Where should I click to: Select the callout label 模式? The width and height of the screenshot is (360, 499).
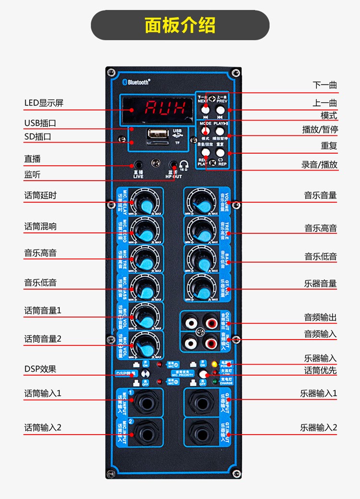329,116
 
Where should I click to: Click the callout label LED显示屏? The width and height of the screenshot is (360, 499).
44,103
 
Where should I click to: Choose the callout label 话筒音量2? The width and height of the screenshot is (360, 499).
43,339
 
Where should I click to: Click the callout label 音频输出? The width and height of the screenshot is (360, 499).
320,317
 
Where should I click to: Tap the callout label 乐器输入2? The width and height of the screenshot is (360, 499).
319,427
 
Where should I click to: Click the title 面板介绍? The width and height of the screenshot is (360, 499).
180,25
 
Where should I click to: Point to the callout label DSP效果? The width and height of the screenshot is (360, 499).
40,369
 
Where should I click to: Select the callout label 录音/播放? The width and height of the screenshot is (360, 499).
319,165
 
